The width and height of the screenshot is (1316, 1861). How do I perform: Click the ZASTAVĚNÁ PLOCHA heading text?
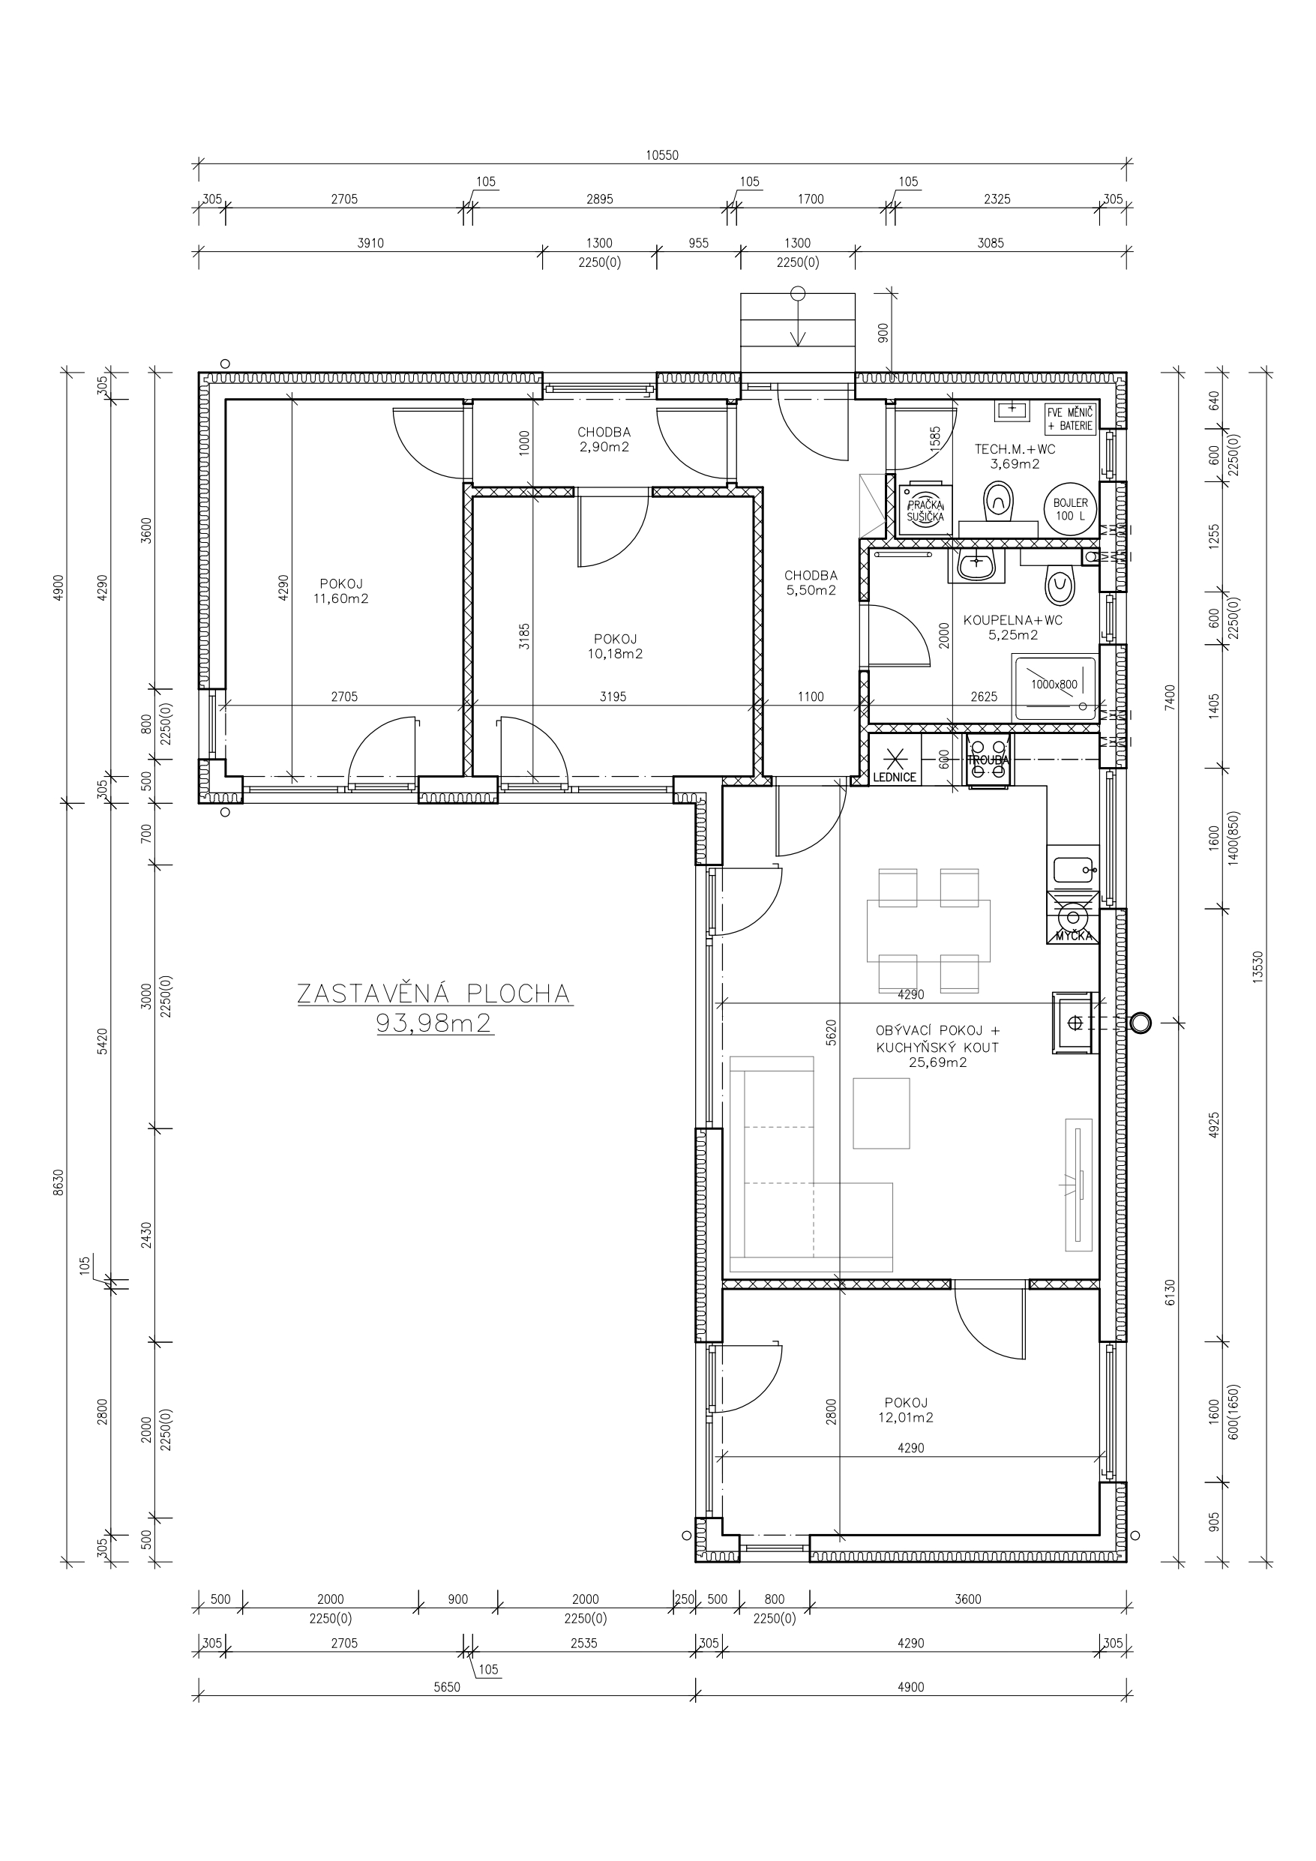tap(434, 993)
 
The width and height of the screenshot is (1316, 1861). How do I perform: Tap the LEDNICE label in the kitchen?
tap(895, 778)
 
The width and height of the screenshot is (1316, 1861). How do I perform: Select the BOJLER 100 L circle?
tap(1070, 509)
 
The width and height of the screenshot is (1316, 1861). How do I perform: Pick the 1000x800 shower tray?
tap(1054, 688)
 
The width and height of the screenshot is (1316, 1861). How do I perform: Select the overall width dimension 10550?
tap(661, 156)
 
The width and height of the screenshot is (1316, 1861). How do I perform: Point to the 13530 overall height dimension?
tap(1258, 967)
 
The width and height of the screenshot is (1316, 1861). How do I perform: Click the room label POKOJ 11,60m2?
tap(340, 591)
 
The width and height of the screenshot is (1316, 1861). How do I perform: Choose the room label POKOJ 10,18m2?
tap(616, 646)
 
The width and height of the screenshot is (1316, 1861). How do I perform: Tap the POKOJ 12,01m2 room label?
tap(907, 1410)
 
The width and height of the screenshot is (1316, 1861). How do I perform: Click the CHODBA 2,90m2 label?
tap(604, 439)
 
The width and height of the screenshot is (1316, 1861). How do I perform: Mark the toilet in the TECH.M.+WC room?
tap(997, 502)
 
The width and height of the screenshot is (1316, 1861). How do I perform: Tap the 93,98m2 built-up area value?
tap(435, 1023)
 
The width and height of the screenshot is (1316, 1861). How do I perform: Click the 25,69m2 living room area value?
tap(938, 1063)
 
